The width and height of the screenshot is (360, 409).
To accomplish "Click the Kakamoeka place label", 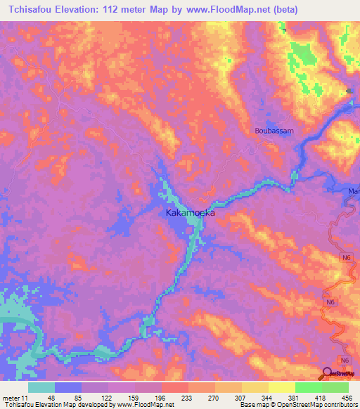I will click(x=189, y=212).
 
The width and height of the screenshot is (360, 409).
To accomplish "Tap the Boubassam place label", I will click(x=274, y=131).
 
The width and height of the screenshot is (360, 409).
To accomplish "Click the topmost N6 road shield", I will click(x=346, y=258).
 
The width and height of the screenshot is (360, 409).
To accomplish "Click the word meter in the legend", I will click(x=12, y=397).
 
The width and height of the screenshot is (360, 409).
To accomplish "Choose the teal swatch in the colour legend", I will click(x=41, y=387).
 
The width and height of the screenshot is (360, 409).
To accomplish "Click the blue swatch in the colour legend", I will click(x=68, y=387).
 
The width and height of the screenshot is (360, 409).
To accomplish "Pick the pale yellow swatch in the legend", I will click(x=255, y=387).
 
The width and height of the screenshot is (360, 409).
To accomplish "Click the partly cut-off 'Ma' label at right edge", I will click(x=354, y=191).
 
